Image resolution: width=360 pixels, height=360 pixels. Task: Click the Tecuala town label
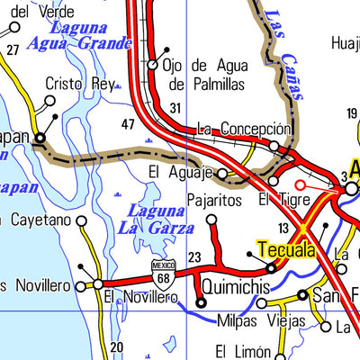285,249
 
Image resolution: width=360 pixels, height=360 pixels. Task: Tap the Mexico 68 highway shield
162,273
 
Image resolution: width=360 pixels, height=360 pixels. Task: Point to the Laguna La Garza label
156,219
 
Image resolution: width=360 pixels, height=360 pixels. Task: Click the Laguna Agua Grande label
79,34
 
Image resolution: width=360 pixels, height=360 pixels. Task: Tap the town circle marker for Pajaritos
211,219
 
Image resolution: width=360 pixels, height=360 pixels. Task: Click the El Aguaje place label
181,172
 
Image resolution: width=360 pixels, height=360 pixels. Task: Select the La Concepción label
244,129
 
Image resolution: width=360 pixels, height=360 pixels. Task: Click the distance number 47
128,123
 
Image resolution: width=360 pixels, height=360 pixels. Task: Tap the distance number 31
175,108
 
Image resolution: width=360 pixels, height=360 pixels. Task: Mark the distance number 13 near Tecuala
283,228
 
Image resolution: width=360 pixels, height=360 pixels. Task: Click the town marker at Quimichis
201,303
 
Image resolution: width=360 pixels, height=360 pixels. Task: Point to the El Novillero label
139,296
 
